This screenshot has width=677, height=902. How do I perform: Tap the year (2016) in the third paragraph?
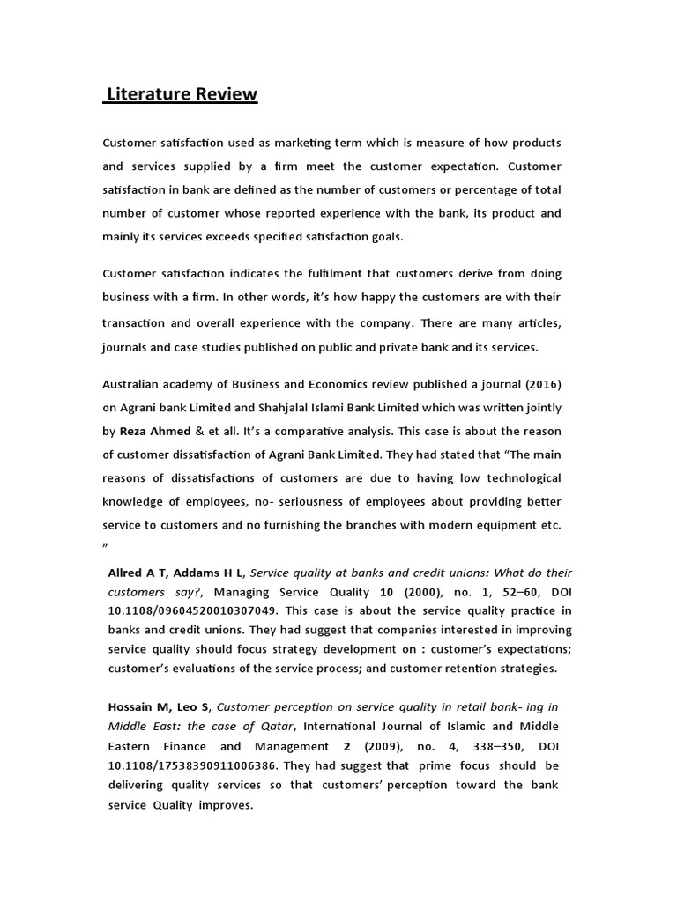tap(539, 384)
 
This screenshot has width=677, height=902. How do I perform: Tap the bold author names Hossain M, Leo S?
tap(159, 706)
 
